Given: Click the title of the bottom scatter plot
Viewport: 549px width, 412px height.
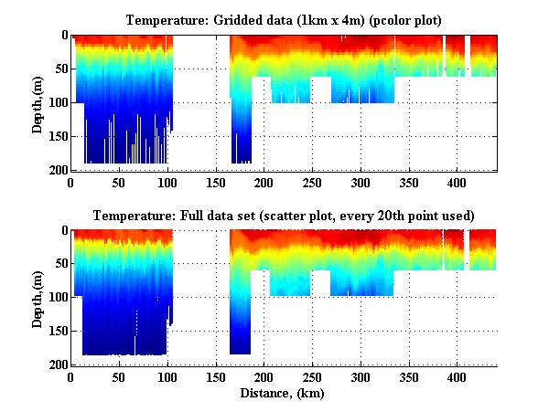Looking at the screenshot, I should tap(285, 216).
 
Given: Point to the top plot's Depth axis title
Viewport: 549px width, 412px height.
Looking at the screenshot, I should tap(38, 103).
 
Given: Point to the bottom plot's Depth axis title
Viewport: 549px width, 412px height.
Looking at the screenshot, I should tap(38, 298).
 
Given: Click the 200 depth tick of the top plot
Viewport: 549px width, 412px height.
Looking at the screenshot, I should tap(57, 170).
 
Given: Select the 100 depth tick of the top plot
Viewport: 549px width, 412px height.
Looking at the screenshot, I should tap(57, 102).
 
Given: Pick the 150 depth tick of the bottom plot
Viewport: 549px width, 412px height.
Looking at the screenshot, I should tap(57, 331).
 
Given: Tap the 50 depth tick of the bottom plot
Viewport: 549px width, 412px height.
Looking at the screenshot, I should tap(60, 264).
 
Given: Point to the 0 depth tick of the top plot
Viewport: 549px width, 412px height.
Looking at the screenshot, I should tap(63, 36).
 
